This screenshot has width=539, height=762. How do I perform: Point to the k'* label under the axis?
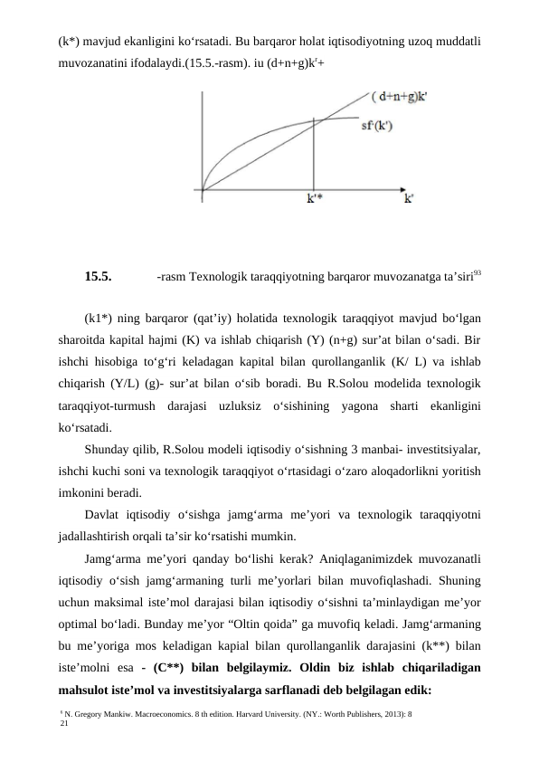point(312,201)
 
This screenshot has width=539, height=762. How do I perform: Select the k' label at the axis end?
point(409,201)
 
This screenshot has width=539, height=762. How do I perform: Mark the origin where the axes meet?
point(203,190)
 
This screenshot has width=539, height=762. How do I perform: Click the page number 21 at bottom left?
point(63,725)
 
